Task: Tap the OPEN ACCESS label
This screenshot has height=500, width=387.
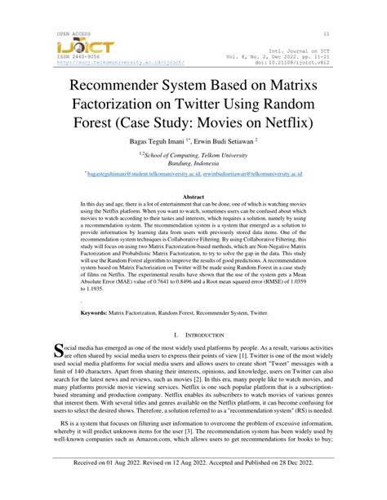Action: [x=74, y=33]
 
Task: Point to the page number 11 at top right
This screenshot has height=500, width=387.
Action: [x=327, y=33]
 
